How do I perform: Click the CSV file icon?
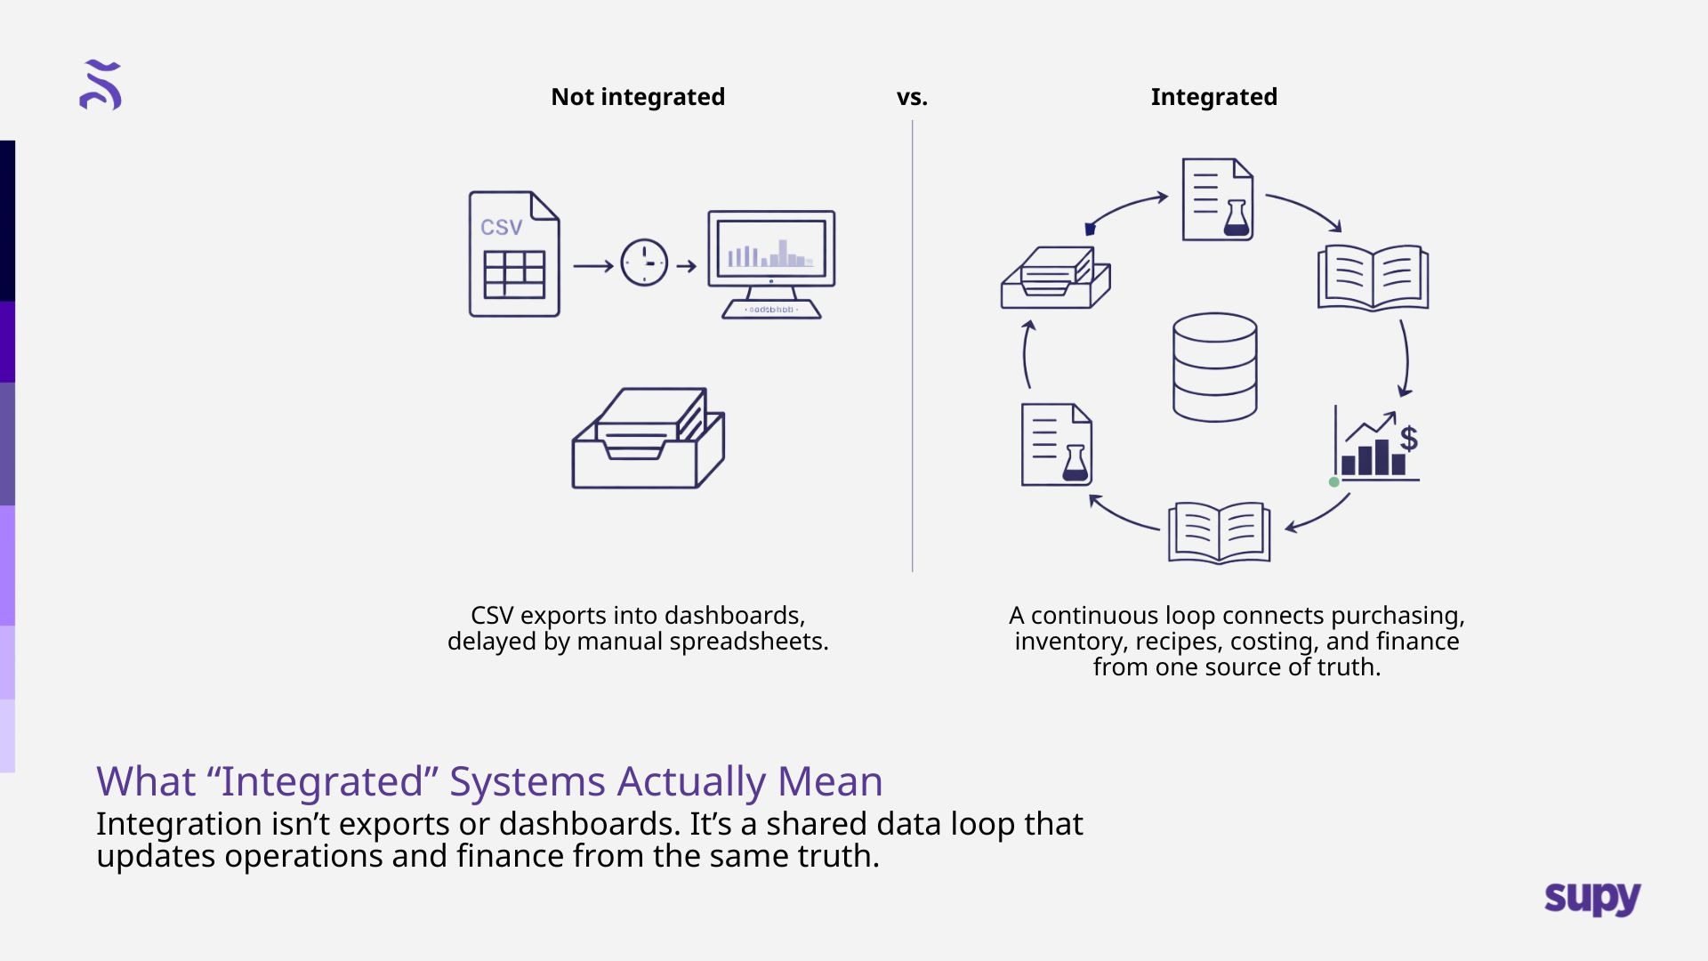point(514,254)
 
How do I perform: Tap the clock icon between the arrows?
point(644,262)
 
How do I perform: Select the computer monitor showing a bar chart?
point(771,264)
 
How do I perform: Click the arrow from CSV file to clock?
point(593,265)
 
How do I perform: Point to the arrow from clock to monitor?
point(687,265)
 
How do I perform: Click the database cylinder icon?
point(1215,367)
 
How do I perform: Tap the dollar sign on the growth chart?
point(1408,438)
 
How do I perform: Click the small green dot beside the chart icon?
point(1333,482)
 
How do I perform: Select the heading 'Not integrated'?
point(638,97)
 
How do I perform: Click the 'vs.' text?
point(912,98)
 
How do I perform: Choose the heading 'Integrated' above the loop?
point(1213,97)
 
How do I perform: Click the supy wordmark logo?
point(1592,898)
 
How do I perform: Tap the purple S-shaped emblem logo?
point(101,85)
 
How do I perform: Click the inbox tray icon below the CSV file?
point(649,438)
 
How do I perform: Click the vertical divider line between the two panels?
point(913,345)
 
